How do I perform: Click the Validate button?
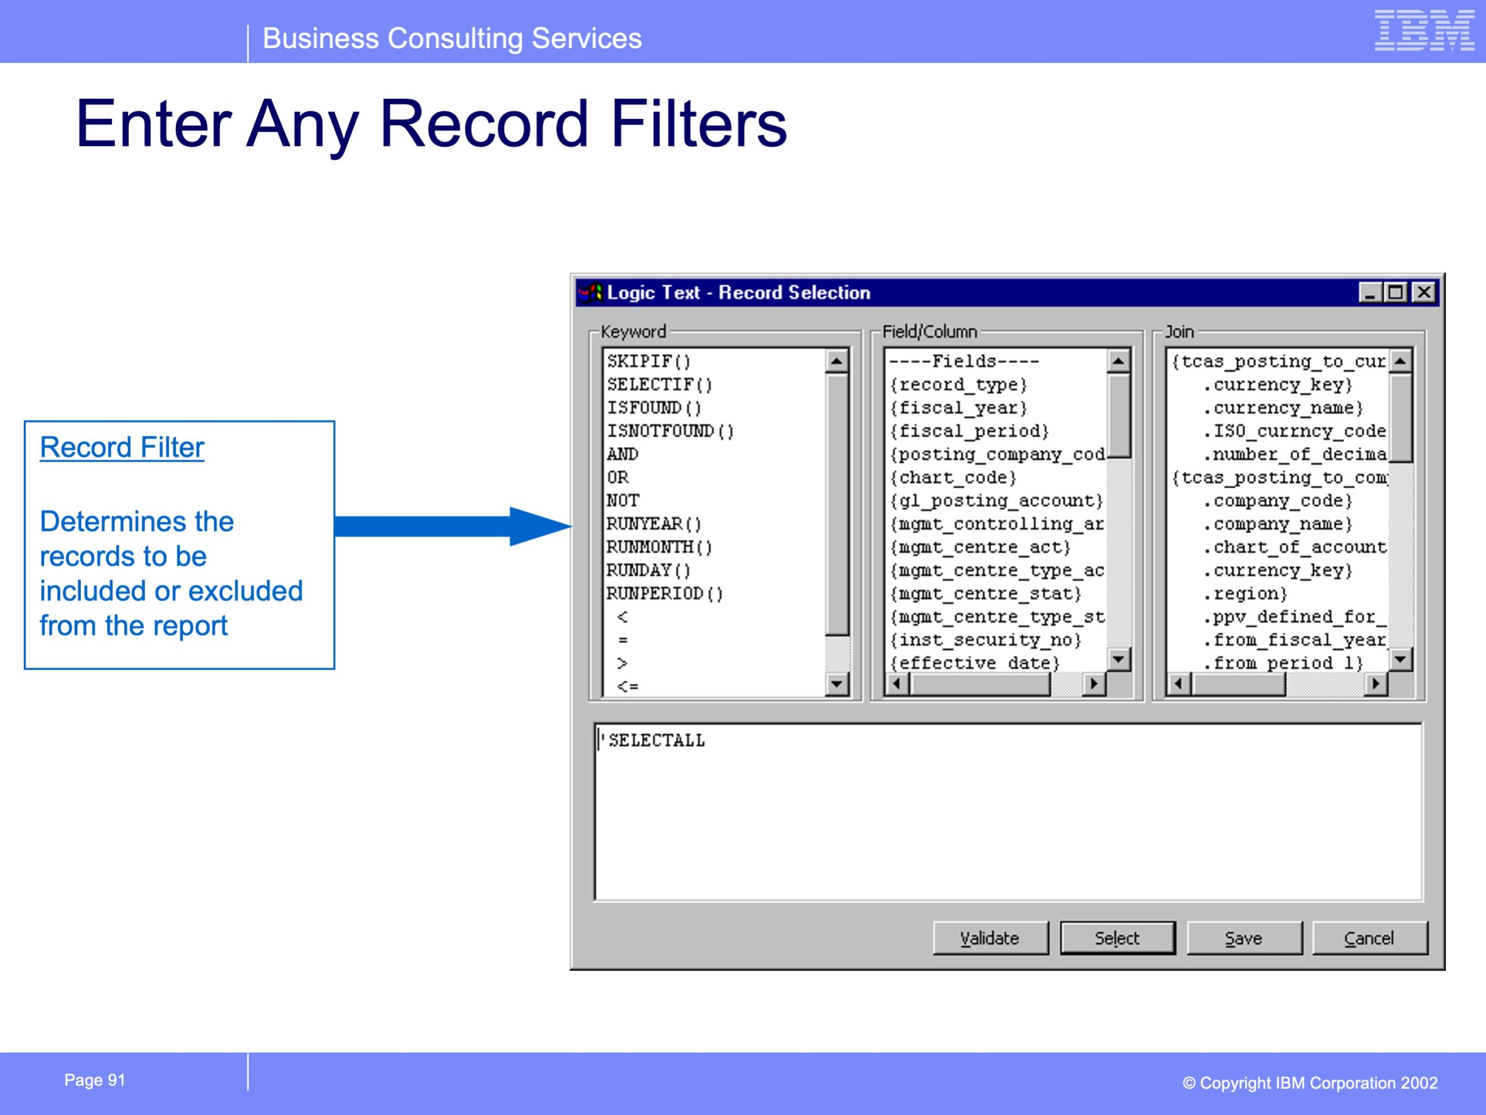pyautogui.click(x=990, y=937)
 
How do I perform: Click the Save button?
pyautogui.click(x=1243, y=937)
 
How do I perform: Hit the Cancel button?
pyautogui.click(x=1369, y=937)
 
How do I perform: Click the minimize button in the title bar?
pyautogui.click(x=1370, y=292)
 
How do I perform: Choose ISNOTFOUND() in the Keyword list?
pyautogui.click(x=670, y=431)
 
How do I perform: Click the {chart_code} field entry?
pyautogui.click(x=953, y=477)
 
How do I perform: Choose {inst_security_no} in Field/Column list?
pyautogui.click(x=986, y=640)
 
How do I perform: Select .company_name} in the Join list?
pyautogui.click(x=1278, y=524)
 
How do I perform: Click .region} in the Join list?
pyautogui.click(x=1246, y=594)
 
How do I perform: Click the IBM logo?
pyautogui.click(x=1424, y=30)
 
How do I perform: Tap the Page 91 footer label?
pyautogui.click(x=95, y=1080)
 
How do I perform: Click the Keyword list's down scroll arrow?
pyautogui.click(x=836, y=684)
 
